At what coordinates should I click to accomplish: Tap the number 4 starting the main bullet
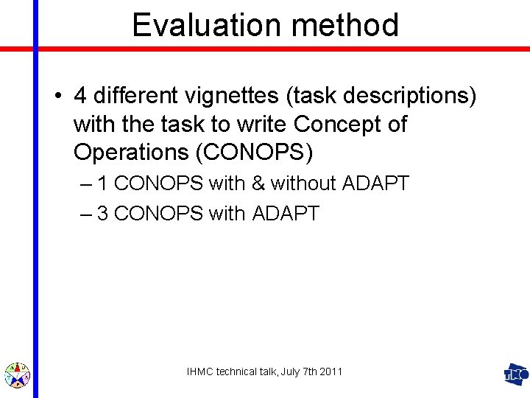80,97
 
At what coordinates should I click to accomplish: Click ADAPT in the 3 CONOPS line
286,214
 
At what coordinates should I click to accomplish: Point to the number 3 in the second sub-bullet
103,214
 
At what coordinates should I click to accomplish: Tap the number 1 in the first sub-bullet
103,184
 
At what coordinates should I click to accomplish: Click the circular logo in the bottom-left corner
17,375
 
